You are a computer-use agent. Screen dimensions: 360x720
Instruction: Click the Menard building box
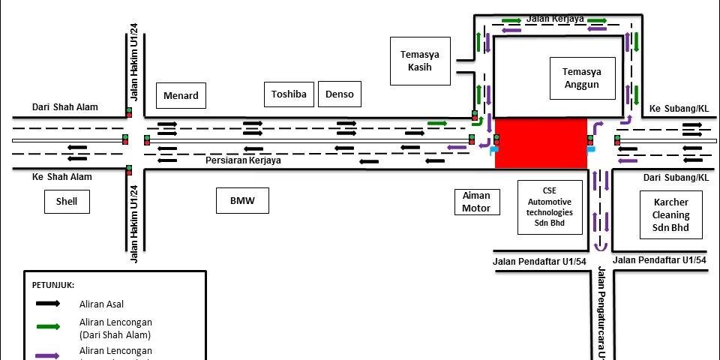[x=181, y=95]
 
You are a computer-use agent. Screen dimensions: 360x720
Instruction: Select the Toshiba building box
[x=289, y=94]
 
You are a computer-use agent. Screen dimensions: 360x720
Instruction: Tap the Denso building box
[x=340, y=94]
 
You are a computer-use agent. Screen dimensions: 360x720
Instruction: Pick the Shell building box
[x=67, y=201]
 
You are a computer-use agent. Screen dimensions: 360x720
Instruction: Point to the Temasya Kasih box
[x=419, y=61]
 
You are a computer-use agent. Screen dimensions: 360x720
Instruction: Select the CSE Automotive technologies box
[x=550, y=207]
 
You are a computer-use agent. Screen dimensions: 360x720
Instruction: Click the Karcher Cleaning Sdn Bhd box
[x=670, y=215]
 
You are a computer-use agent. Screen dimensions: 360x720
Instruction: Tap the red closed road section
[x=541, y=142]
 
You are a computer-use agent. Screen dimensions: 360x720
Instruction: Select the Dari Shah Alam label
[x=64, y=107]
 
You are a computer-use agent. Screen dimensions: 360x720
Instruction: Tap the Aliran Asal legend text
[x=101, y=304]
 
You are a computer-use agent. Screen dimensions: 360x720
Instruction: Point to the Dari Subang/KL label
[x=676, y=178]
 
